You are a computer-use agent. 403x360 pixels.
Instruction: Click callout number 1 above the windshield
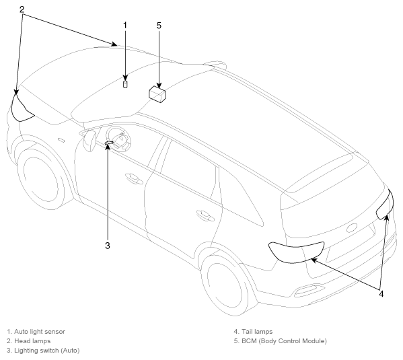(125, 26)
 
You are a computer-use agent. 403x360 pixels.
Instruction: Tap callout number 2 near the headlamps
(22, 9)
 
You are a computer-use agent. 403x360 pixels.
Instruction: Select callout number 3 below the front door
(108, 246)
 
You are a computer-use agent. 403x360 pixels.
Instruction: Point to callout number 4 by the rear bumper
(381, 293)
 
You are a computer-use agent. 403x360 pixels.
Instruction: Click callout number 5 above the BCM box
(159, 26)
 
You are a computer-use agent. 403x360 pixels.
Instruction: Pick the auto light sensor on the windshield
(125, 84)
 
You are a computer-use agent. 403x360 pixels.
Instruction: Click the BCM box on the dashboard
(157, 94)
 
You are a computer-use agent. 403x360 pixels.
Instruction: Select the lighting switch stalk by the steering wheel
(109, 142)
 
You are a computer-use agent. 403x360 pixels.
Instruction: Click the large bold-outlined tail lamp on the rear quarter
(295, 252)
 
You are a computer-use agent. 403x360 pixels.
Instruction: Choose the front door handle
(134, 179)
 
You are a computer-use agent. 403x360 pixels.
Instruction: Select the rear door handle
(205, 215)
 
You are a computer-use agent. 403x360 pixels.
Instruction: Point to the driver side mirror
(89, 141)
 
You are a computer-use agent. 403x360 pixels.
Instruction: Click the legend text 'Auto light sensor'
(40, 332)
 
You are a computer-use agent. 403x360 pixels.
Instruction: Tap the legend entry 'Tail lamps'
(257, 332)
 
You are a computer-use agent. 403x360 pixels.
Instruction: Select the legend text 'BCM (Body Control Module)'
(284, 341)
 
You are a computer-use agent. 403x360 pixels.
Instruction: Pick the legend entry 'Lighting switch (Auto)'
(47, 351)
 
